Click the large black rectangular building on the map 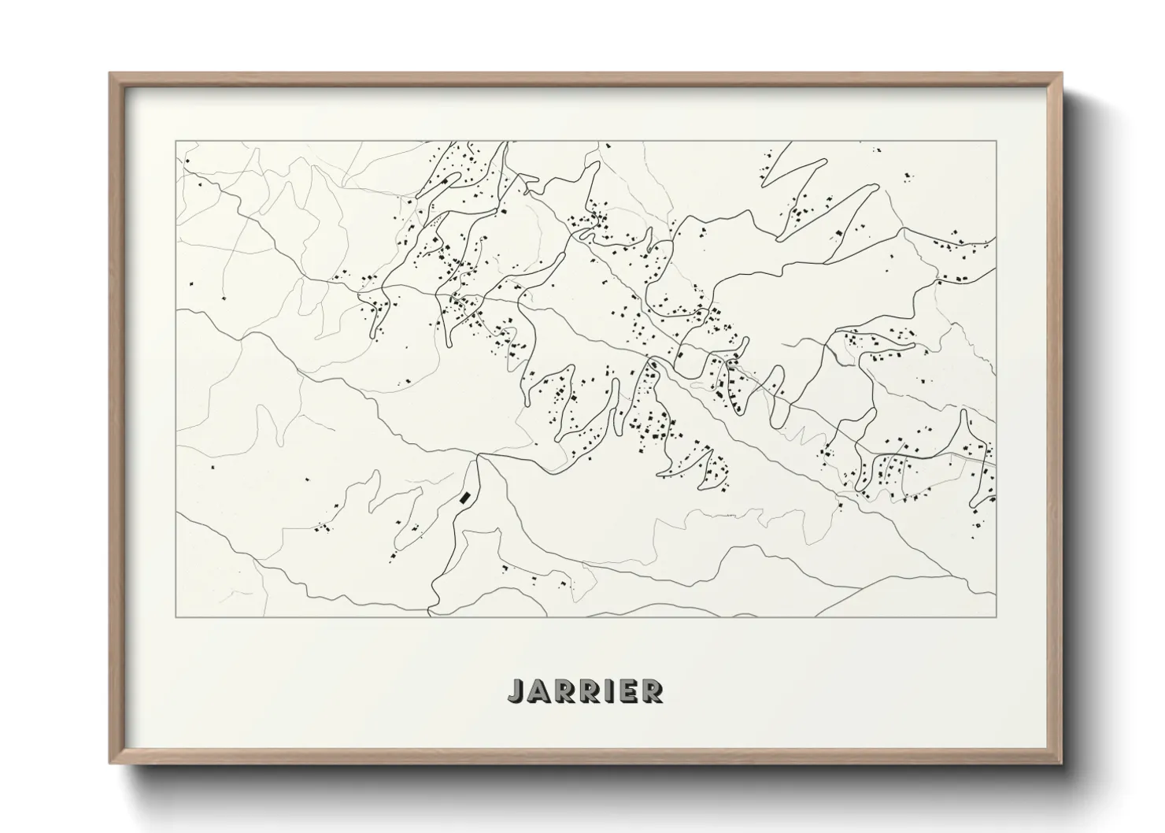click(465, 497)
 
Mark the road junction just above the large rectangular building click(479, 456)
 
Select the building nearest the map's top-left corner click(187, 161)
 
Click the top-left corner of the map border click(176, 142)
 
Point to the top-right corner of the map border click(997, 142)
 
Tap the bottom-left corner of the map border click(176, 616)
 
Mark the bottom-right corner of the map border click(997, 616)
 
